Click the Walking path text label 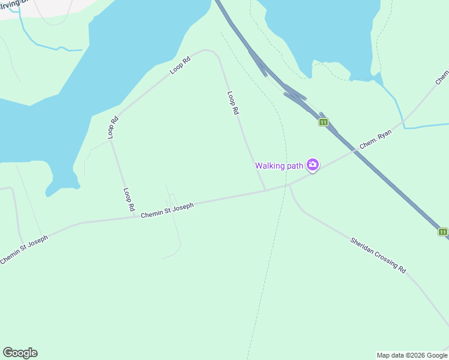279,166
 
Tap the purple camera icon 312,164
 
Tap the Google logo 20,353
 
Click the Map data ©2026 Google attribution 412,355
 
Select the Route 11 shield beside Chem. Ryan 324,122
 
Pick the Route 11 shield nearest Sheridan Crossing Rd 442,232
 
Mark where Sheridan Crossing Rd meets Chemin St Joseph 289,185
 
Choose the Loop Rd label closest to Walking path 234,103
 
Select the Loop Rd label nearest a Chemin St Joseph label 128,199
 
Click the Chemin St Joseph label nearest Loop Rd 167,211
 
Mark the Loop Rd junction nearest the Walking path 265,190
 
